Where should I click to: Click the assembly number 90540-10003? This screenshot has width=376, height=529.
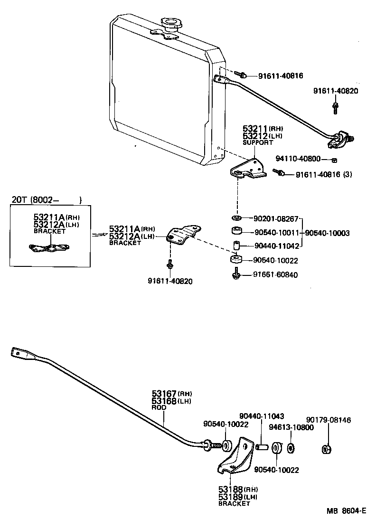tap(327, 233)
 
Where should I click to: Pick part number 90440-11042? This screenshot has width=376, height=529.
tap(277, 246)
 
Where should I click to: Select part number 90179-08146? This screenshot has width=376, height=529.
tap(329, 420)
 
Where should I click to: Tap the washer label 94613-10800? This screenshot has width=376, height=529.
tap(290, 427)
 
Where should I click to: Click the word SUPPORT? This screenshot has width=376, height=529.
tap(258, 142)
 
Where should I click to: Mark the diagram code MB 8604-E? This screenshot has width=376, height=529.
tap(346, 511)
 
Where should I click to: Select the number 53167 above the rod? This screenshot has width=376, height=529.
tap(164, 394)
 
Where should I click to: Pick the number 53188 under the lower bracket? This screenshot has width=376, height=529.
tap(231, 489)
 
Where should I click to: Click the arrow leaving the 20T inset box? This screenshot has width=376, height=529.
tap(100, 234)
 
